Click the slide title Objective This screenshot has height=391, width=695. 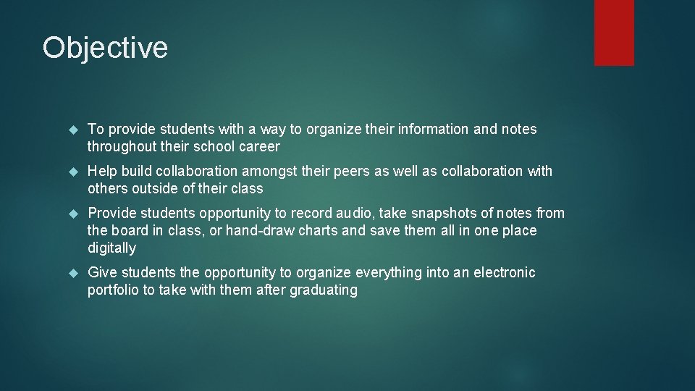(105, 49)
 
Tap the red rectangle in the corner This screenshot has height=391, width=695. (614, 33)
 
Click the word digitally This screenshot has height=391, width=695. (111, 248)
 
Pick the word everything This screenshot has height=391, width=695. (388, 273)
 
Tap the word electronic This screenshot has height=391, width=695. (502, 273)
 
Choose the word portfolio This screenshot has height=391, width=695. (112, 290)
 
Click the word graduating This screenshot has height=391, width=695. (323, 290)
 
